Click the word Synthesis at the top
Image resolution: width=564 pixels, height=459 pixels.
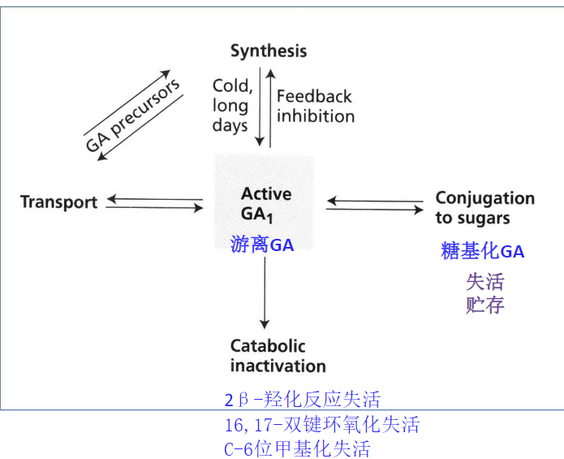click(x=269, y=51)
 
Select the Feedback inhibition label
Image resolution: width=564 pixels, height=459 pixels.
click(x=315, y=106)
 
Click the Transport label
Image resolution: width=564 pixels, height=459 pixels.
click(x=58, y=202)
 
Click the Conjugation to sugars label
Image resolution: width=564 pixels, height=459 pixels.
click(x=484, y=208)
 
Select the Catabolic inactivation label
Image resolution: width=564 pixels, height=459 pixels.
click(x=278, y=355)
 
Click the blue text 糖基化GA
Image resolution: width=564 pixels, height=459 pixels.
click(x=482, y=251)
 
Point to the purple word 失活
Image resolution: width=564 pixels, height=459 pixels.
click(x=484, y=281)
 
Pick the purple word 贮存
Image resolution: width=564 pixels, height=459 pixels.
click(x=484, y=305)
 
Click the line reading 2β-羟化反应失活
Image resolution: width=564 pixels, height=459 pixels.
click(x=302, y=400)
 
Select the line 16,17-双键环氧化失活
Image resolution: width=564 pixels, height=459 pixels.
click(x=321, y=424)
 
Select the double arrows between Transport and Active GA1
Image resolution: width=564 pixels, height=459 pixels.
click(x=154, y=203)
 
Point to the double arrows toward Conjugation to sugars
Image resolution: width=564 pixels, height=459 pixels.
click(x=375, y=205)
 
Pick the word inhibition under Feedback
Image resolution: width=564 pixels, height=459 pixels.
click(x=316, y=116)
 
